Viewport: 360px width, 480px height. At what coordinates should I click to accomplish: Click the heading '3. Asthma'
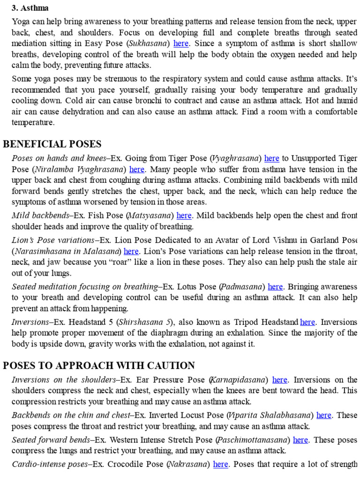click(30, 8)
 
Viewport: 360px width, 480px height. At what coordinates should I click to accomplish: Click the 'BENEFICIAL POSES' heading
click(52, 144)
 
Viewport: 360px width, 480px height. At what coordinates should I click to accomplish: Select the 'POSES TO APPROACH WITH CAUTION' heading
click(99, 366)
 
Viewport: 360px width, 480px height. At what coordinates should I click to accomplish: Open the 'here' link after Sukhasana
click(181, 44)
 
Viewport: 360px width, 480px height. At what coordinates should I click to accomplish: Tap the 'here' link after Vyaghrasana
click(272, 158)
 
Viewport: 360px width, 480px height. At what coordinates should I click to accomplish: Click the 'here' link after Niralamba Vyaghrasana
click(137, 170)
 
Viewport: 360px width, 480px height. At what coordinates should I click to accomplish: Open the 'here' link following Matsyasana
click(184, 216)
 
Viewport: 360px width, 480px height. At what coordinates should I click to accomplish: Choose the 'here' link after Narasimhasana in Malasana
click(131, 251)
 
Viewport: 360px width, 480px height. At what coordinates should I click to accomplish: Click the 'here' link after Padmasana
click(275, 287)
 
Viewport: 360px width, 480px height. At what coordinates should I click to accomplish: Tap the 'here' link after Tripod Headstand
click(307, 322)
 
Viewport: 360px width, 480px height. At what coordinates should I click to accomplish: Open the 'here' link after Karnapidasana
click(280, 380)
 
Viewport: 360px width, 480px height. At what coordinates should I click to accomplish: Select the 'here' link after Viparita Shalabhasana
click(324, 415)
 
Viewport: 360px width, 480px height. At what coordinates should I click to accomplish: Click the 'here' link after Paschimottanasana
click(300, 440)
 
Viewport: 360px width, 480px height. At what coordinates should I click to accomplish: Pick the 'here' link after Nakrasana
click(221, 465)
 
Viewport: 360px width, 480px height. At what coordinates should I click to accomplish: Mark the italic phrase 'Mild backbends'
click(41, 216)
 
